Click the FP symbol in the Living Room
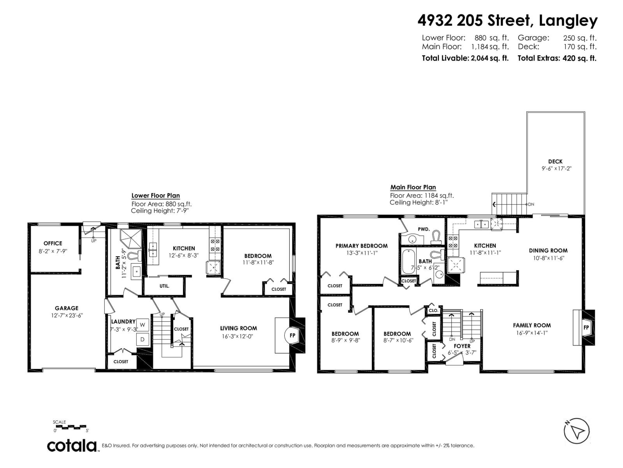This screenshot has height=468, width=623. click(292, 335)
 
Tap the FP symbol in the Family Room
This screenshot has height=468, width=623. click(586, 328)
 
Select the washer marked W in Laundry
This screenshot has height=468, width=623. click(143, 324)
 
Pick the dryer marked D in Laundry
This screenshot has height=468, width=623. click(143, 339)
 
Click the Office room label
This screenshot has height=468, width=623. click(53, 243)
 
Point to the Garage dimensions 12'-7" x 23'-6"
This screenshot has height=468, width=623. click(67, 315)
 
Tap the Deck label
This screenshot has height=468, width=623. click(555, 161)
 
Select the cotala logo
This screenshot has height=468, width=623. click(72, 445)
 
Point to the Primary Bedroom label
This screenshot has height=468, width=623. click(361, 246)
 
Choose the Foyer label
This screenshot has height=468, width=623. click(462, 346)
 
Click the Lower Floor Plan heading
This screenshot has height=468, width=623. click(155, 196)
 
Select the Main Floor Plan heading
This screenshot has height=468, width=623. click(413, 187)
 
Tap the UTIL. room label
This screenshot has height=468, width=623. click(164, 286)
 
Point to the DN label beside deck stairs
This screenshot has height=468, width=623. click(531, 204)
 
